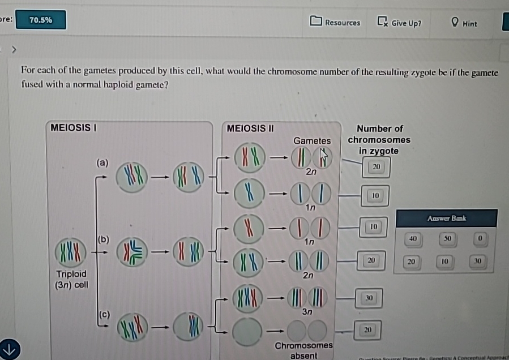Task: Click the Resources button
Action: coord(336,23)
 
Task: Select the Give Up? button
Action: coord(400,23)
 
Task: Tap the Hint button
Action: coord(464,23)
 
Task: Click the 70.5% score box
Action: coord(41,20)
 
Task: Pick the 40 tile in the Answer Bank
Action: coord(413,239)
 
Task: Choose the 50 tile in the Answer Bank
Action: coord(447,239)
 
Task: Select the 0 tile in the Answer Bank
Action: coord(480,239)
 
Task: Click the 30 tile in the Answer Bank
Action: coord(478,262)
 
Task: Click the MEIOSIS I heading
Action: coord(73,128)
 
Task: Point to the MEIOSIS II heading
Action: coord(250,128)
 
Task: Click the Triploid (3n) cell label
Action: coord(71,279)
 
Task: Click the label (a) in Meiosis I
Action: coord(102,162)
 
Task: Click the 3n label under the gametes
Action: coord(307,312)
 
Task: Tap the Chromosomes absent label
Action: coord(303,350)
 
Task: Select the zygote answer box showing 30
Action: coord(369,297)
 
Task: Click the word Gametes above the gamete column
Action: coord(312,140)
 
